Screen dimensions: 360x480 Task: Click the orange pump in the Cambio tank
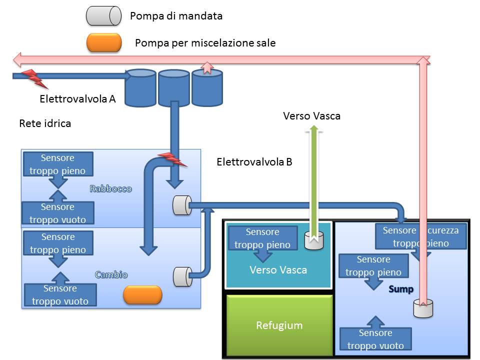(x=142, y=294)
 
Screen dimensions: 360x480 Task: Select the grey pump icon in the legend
(x=103, y=16)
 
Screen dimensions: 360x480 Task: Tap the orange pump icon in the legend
(x=104, y=42)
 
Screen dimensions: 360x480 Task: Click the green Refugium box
(x=279, y=325)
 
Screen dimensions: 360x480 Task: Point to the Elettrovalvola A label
(x=77, y=99)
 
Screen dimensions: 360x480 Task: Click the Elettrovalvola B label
(x=254, y=162)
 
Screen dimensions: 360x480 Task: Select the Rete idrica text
(x=45, y=123)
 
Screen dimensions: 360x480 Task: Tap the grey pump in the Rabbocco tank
(x=181, y=205)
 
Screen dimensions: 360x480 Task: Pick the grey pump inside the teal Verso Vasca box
(x=314, y=240)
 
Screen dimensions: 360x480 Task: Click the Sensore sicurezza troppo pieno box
(x=420, y=236)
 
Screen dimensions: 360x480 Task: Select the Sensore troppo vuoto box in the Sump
(x=375, y=339)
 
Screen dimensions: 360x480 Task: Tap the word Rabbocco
(x=110, y=189)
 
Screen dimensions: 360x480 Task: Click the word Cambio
(x=111, y=274)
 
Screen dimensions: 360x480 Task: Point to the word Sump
(x=401, y=289)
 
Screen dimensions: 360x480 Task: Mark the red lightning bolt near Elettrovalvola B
(x=172, y=159)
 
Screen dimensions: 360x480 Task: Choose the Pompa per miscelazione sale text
(x=205, y=43)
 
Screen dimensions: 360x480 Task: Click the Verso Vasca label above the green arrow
(x=311, y=116)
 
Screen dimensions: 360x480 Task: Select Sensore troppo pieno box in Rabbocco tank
(x=57, y=164)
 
